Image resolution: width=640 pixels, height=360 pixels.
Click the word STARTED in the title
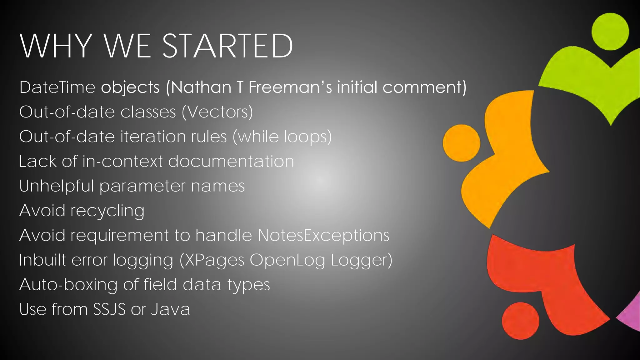coord(227,46)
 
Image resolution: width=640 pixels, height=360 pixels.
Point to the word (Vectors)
coord(217,112)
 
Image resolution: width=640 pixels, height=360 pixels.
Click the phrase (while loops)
coord(282,137)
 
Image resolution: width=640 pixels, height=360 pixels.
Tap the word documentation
coord(231,161)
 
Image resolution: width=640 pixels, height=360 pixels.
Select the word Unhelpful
coord(57,186)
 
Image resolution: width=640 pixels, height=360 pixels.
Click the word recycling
coord(107,211)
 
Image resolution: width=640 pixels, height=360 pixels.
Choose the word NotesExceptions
coord(323,235)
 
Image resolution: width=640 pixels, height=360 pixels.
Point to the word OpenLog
coord(287,260)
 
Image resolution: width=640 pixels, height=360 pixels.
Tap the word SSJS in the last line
coord(109,309)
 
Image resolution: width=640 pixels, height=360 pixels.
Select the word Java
coord(171,309)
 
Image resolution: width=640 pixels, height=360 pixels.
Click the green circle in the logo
coord(610,32)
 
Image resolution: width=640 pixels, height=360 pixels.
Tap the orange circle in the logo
coord(461,143)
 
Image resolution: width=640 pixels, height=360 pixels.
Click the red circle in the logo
coord(520,321)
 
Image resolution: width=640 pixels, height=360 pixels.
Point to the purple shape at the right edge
coord(631,316)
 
